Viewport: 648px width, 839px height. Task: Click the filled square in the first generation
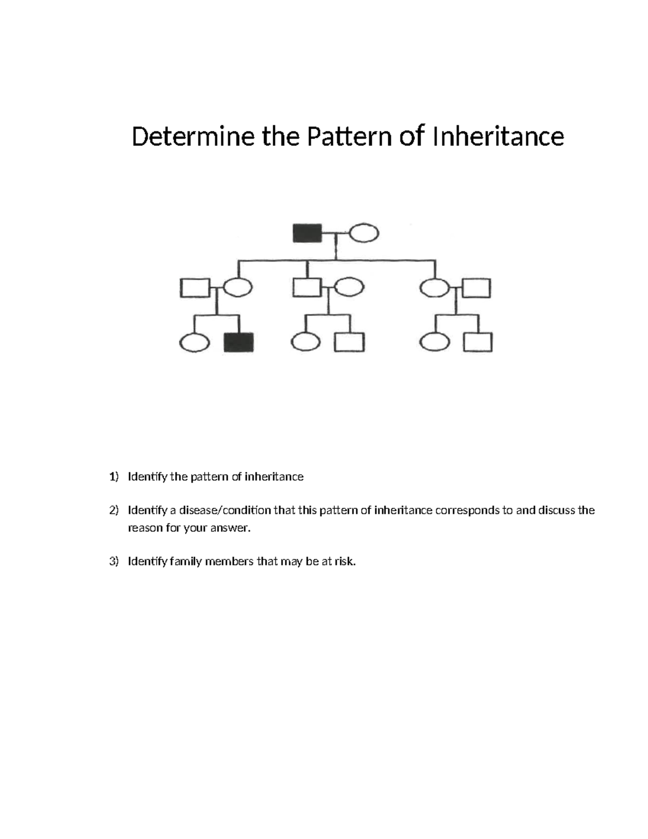pyautogui.click(x=307, y=233)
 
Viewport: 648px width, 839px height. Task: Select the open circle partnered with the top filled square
pyautogui.click(x=364, y=234)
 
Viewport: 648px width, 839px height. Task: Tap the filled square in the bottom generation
pyautogui.click(x=239, y=343)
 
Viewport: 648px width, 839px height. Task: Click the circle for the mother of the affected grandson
pyautogui.click(x=237, y=287)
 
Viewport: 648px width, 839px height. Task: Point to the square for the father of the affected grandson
pyautogui.click(x=194, y=287)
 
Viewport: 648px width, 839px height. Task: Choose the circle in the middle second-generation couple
pyautogui.click(x=349, y=286)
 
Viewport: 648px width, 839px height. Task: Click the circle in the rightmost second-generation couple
pyautogui.click(x=435, y=287)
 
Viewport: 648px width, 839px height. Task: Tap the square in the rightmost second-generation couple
pyautogui.click(x=477, y=287)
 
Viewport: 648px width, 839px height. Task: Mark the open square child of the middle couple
pyautogui.click(x=349, y=343)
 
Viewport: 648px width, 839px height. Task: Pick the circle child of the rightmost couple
pyautogui.click(x=435, y=343)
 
